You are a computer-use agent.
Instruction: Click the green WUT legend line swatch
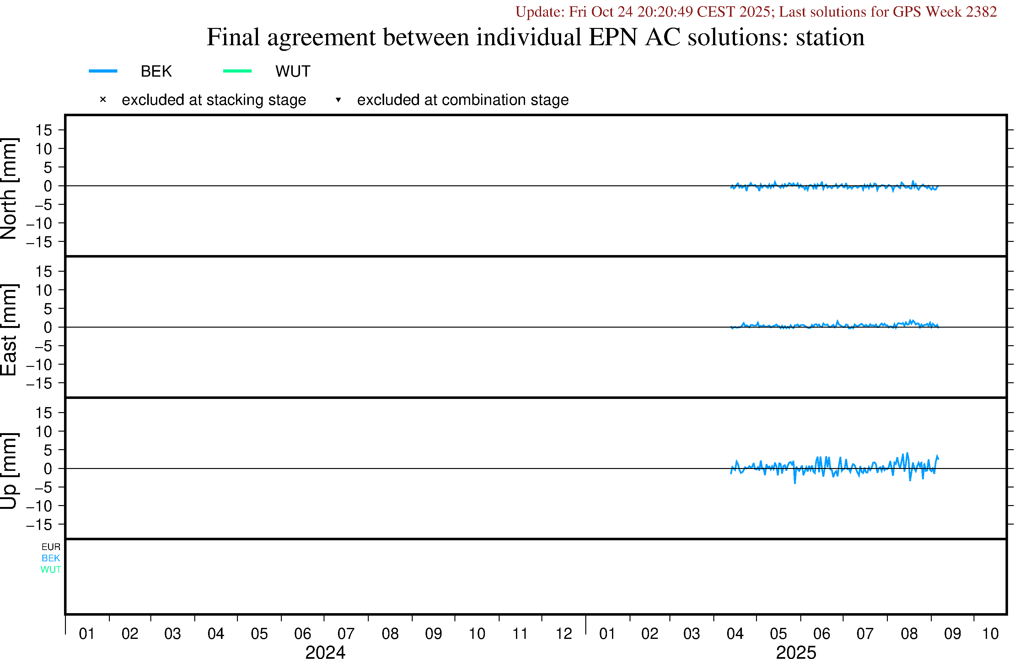[237, 71]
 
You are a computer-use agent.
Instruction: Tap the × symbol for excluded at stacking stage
[103, 100]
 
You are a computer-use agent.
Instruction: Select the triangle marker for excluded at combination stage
[338, 100]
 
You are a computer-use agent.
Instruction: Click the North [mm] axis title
[9, 188]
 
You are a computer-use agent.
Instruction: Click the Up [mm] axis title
[9, 471]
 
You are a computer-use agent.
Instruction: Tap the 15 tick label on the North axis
[43, 130]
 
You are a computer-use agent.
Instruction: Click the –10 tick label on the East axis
[39, 365]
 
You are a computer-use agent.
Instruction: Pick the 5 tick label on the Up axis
[48, 450]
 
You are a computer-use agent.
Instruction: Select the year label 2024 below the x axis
[325, 652]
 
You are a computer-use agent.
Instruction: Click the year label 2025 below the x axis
[796, 652]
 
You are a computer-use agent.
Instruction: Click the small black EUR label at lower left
[51, 547]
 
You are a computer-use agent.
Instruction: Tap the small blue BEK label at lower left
[51, 558]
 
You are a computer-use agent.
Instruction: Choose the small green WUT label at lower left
[51, 569]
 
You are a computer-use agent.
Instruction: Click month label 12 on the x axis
[564, 634]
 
